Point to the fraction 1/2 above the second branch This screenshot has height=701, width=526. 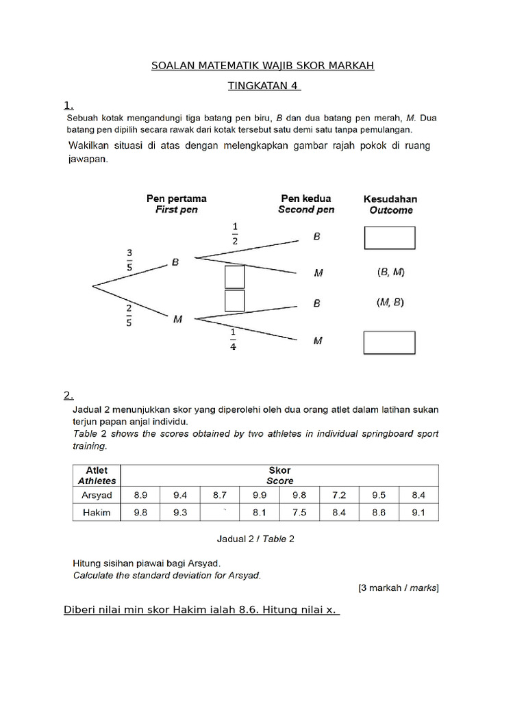point(236,233)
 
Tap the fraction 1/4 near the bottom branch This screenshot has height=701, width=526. point(234,339)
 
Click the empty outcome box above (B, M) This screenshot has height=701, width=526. point(390,237)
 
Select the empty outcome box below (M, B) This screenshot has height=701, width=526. point(390,342)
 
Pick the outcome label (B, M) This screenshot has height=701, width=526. point(390,272)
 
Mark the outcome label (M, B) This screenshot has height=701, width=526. point(390,302)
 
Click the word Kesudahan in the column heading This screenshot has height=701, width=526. point(390,199)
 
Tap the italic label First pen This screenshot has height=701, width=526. point(177,210)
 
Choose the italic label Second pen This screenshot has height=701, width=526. point(306,210)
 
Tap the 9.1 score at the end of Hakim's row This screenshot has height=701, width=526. point(418,512)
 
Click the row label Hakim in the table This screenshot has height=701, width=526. point(97,512)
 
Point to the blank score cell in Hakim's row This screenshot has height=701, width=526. point(220,512)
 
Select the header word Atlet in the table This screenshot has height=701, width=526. point(97,470)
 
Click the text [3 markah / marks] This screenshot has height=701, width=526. point(399,587)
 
